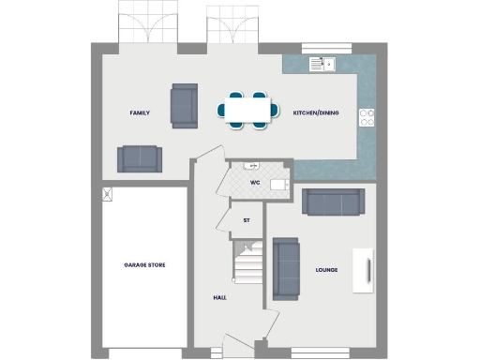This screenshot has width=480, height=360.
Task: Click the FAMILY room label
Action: [x=140, y=113]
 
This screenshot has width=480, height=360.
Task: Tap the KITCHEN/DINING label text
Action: [x=315, y=113]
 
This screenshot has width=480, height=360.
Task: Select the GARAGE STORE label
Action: [x=144, y=265]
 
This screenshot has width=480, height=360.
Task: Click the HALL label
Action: [x=218, y=297]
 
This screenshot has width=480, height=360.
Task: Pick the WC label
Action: [x=255, y=183]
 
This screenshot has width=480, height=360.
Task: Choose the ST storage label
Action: [x=247, y=220]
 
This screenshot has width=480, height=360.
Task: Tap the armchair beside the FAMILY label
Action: [x=184, y=106]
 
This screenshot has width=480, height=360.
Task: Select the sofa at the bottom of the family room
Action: [x=139, y=158]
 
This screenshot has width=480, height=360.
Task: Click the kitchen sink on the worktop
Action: [x=322, y=64]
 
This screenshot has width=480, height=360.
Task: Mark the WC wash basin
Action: [x=278, y=186]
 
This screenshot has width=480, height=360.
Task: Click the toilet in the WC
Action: [x=251, y=165]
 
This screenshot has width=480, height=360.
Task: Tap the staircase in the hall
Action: [x=249, y=267]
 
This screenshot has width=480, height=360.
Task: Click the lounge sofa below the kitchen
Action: [x=333, y=202]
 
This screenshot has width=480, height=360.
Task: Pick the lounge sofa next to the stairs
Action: [x=285, y=268]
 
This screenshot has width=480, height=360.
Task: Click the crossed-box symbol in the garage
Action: [x=108, y=194]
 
